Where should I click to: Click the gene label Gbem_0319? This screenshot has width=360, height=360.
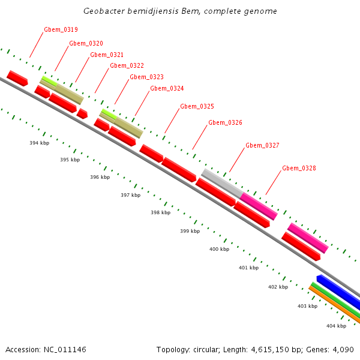pyautogui.click(x=61, y=29)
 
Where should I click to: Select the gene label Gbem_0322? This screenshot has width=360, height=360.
pyautogui.click(x=127, y=65)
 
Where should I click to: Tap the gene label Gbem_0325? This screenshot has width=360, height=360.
pyautogui.click(x=197, y=106)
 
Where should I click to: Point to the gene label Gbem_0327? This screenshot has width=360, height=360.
pyautogui.click(x=262, y=145)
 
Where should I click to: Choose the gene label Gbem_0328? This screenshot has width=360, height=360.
pyautogui.click(x=299, y=168)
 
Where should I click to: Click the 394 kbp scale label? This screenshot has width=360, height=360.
pyautogui.click(x=39, y=143)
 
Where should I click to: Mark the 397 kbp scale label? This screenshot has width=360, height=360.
pyautogui.click(x=130, y=195)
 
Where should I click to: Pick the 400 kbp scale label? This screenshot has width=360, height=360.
pyautogui.click(x=219, y=248)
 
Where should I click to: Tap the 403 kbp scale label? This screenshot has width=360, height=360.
pyautogui.click(x=307, y=306)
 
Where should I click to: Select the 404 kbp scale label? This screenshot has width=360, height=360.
pyautogui.click(x=336, y=326)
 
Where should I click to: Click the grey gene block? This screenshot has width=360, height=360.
pyautogui.click(x=221, y=181)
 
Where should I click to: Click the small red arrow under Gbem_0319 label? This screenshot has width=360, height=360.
pyautogui.click(x=17, y=78)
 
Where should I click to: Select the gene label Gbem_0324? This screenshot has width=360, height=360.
pyautogui.click(x=167, y=88)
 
